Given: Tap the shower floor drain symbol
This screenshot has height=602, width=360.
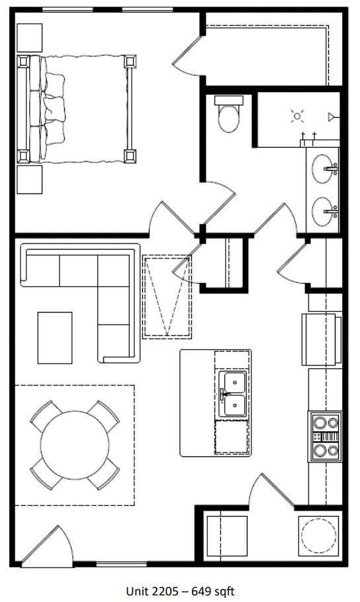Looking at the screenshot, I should (297, 117).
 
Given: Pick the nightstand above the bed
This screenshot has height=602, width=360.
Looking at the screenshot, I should (29, 37).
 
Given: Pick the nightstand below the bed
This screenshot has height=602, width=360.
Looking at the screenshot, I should (29, 179).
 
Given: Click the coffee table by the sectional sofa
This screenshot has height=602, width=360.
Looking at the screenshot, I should (55, 338).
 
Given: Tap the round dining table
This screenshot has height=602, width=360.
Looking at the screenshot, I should (75, 444).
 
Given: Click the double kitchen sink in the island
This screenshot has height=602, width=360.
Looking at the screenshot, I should (232, 394).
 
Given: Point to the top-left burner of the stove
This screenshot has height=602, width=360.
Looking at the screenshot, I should (318, 421).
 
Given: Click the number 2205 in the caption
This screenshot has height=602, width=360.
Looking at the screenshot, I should (163, 591).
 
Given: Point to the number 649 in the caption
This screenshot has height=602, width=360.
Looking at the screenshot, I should (201, 591).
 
